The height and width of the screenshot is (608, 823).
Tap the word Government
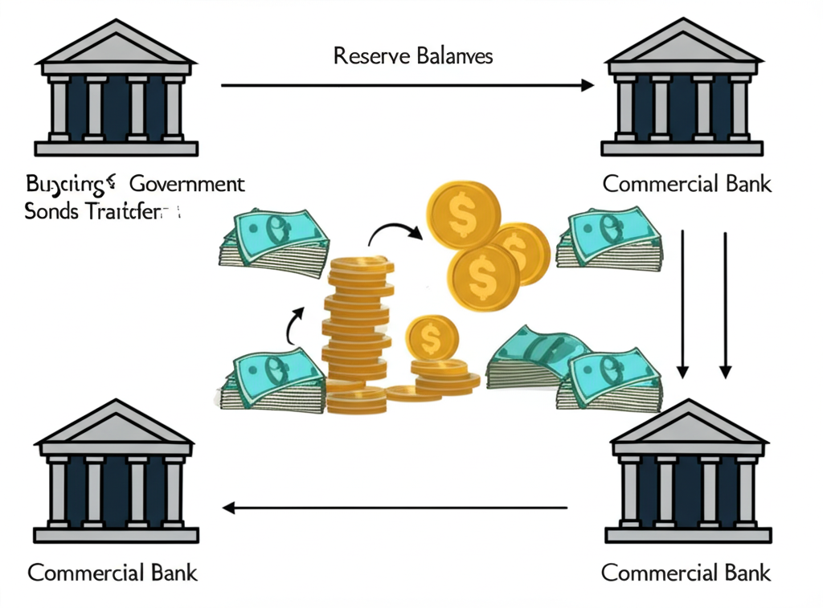click(x=186, y=184)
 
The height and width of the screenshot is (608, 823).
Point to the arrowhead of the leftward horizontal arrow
click(x=229, y=508)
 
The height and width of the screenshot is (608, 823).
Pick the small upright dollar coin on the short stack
click(x=432, y=338)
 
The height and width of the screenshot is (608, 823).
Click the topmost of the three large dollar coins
click(x=463, y=214)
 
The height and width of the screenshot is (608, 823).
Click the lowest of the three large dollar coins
click(x=482, y=275)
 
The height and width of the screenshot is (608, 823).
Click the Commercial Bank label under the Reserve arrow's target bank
click(x=686, y=184)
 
